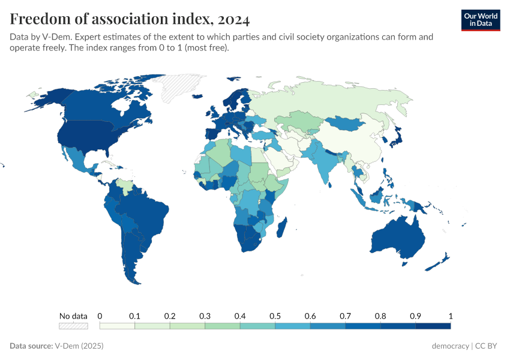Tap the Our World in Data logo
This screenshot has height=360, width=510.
(x=480, y=20)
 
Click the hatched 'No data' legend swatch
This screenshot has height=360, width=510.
(x=73, y=326)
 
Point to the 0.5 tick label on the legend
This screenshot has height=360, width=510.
(x=275, y=316)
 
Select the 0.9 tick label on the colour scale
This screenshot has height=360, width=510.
(x=415, y=316)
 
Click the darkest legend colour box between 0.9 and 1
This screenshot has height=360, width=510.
(x=433, y=326)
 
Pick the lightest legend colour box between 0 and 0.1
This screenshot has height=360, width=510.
(x=117, y=326)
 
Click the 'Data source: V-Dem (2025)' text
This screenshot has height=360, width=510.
(x=56, y=346)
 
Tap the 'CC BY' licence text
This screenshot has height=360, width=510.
(x=488, y=346)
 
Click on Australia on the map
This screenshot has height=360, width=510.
(x=397, y=240)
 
